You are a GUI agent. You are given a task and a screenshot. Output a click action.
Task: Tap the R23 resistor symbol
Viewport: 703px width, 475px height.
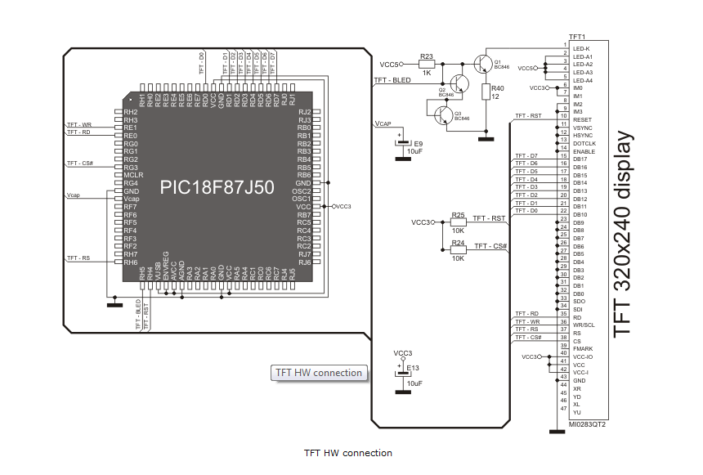point(426,64)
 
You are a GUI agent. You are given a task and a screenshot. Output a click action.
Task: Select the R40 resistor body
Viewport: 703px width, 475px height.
point(486,92)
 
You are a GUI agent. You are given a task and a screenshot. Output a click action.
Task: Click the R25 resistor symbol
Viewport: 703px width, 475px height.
point(458,222)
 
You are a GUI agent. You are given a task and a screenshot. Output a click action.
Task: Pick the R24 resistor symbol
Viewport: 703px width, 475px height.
point(458,249)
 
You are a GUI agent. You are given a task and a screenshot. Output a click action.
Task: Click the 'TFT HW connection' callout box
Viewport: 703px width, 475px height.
point(319,373)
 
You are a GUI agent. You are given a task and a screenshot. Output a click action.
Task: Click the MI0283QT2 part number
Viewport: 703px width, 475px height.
point(587,425)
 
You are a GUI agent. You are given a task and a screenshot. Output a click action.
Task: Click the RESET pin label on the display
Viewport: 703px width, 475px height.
point(582,119)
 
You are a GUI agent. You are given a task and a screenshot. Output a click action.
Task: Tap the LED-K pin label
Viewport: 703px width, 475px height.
point(582,48)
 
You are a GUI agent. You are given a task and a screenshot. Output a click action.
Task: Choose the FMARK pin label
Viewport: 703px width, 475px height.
point(583,349)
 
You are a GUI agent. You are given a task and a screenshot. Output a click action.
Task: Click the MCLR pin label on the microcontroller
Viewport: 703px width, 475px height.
point(133,175)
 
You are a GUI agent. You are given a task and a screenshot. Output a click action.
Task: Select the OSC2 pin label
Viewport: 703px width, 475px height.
point(302,190)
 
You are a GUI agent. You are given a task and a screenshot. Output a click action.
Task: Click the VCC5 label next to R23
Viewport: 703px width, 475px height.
point(391,64)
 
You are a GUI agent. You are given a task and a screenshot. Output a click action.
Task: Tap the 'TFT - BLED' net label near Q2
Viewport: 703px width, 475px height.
point(392,80)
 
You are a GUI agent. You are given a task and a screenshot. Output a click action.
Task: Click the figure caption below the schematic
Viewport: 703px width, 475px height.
point(347,453)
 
